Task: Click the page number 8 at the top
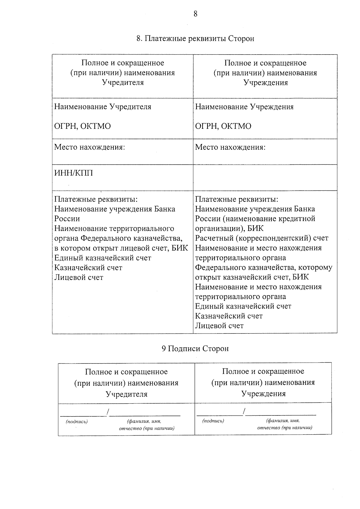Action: tap(195, 14)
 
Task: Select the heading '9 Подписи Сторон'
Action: tap(195, 349)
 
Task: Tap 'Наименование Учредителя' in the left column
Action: tap(103, 107)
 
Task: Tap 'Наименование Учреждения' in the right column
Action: tap(244, 107)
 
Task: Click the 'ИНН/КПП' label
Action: tap(73, 173)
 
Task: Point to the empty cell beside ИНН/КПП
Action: tap(265, 177)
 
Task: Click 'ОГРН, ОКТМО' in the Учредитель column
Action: tap(82, 126)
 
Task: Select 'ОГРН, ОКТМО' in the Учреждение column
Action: tap(223, 126)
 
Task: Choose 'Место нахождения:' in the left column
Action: tap(89, 147)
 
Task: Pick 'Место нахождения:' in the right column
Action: tap(230, 147)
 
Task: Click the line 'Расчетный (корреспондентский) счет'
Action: tap(262, 238)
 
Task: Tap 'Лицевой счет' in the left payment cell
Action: tap(79, 277)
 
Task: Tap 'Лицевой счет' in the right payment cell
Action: tap(219, 326)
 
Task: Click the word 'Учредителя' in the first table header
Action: tap(123, 82)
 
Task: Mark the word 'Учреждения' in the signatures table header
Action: tap(263, 394)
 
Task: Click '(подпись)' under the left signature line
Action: tap(77, 422)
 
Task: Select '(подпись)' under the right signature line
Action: tap(213, 421)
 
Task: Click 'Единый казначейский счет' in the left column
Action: tap(103, 258)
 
